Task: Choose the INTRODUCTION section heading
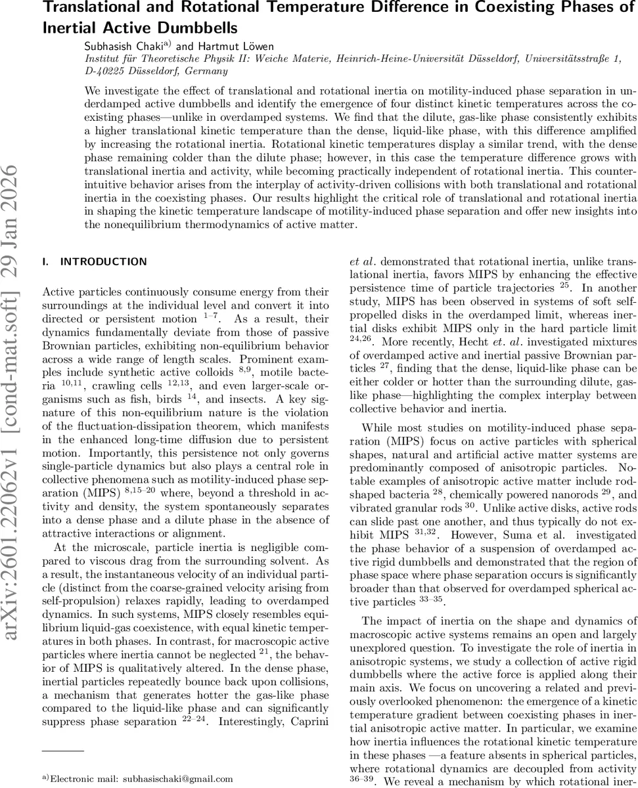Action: tap(103, 261)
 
